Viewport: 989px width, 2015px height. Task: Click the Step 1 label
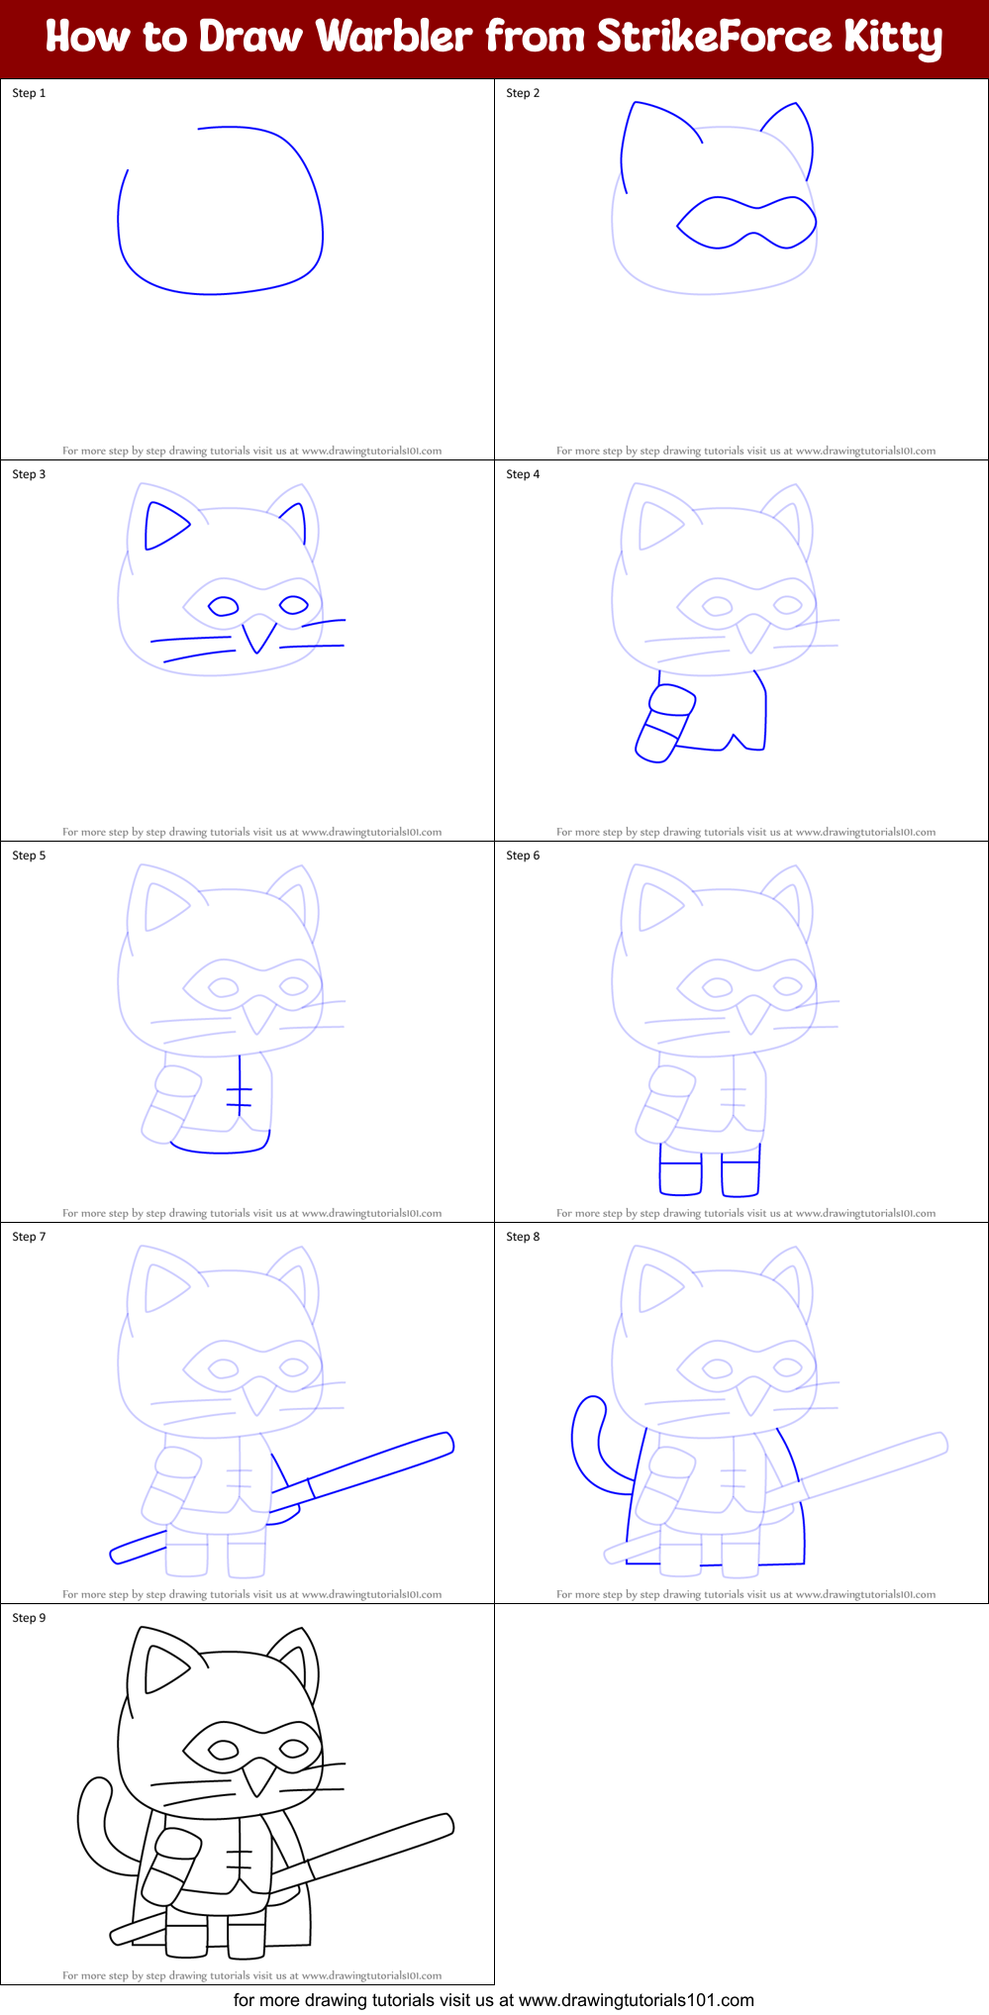[x=29, y=93]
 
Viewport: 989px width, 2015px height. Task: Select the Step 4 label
[x=523, y=474]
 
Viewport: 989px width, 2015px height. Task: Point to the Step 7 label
[x=29, y=1237]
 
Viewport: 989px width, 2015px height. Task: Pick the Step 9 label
[x=29, y=1618]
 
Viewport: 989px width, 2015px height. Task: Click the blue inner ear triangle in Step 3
[x=163, y=525]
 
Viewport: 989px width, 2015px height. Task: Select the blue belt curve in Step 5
[x=220, y=1151]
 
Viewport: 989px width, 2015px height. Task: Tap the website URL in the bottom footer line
[x=636, y=2000]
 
